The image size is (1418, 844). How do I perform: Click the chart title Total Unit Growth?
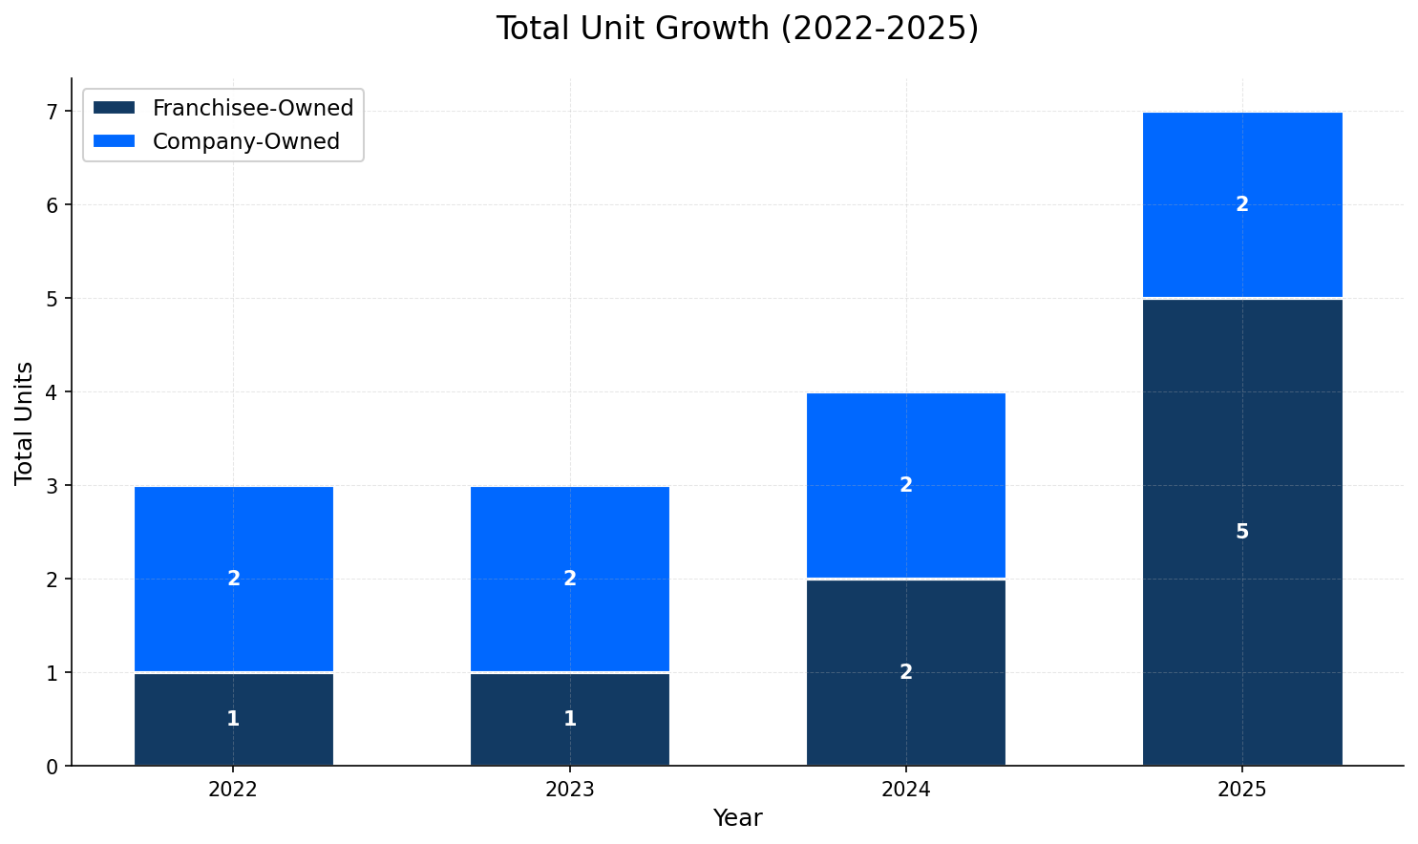736,29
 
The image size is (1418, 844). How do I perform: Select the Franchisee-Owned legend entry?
252,108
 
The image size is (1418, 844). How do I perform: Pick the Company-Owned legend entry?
245,141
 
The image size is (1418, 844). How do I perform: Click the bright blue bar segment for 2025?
1241,248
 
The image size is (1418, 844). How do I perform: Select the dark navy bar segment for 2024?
905,707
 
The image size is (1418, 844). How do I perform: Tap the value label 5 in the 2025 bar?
1241,532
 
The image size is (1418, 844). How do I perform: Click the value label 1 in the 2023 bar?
569,719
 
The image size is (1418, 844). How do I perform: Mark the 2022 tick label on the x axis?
233,790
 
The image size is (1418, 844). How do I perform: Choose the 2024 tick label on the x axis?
905,790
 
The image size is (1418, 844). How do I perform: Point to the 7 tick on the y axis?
53,112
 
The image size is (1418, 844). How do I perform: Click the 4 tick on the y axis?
53,392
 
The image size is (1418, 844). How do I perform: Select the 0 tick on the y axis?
53,767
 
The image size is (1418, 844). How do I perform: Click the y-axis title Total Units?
25,422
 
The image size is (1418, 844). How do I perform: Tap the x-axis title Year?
736,818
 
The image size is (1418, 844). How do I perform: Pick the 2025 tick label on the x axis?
1241,790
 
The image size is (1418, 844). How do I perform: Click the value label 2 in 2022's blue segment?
233,579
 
